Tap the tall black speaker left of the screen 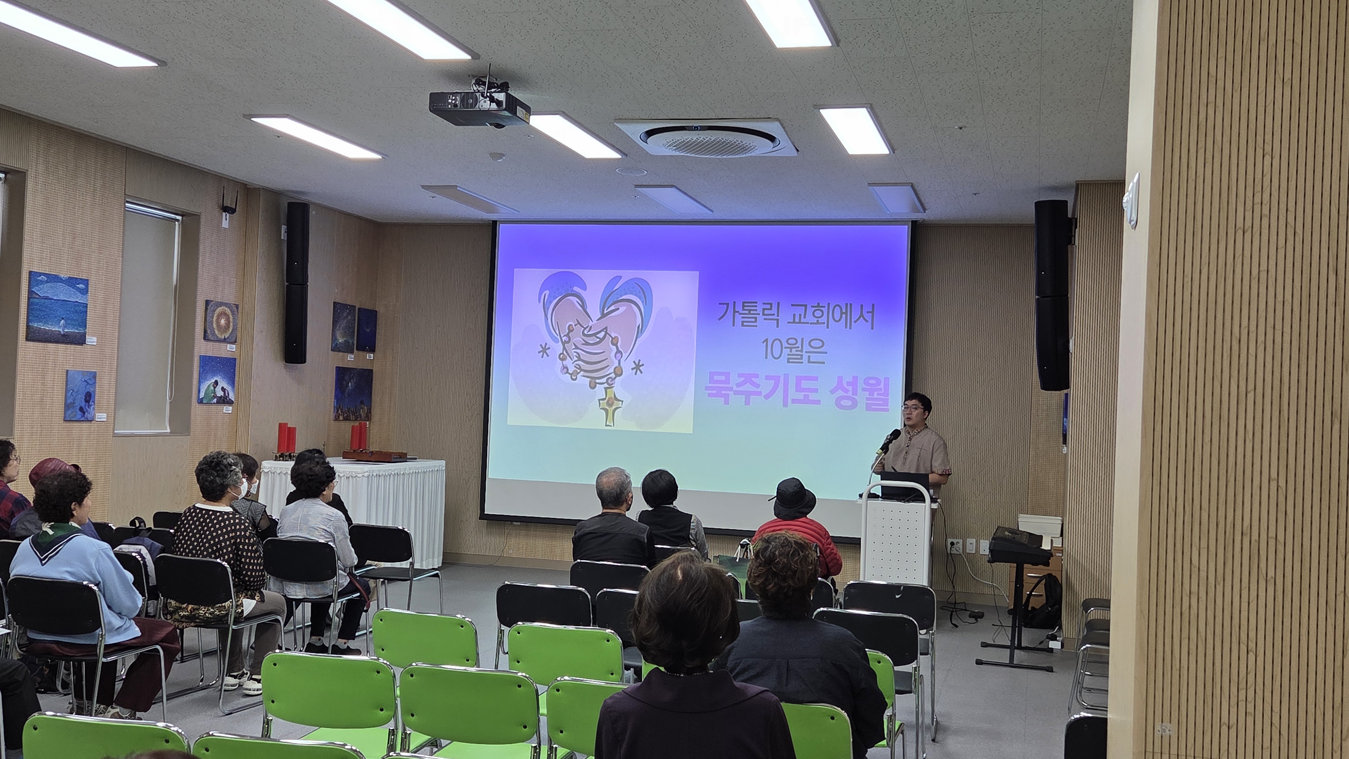tap(297, 283)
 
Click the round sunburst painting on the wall tap(221, 322)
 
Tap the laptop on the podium tap(905, 485)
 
